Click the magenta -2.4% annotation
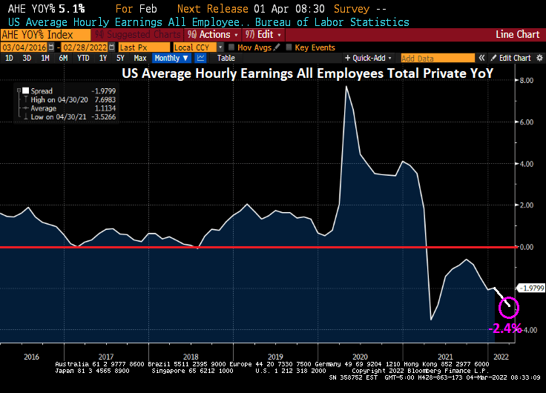click(x=505, y=328)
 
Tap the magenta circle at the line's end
click(x=509, y=306)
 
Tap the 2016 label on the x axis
click(x=31, y=356)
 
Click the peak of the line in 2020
click(x=346, y=87)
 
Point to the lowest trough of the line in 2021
click(x=432, y=320)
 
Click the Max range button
click(x=139, y=58)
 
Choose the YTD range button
click(x=83, y=58)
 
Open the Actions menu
click(x=214, y=35)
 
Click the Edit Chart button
click(x=513, y=58)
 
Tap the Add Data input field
click(x=437, y=58)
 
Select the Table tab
click(x=226, y=58)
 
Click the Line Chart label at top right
click(x=517, y=35)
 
